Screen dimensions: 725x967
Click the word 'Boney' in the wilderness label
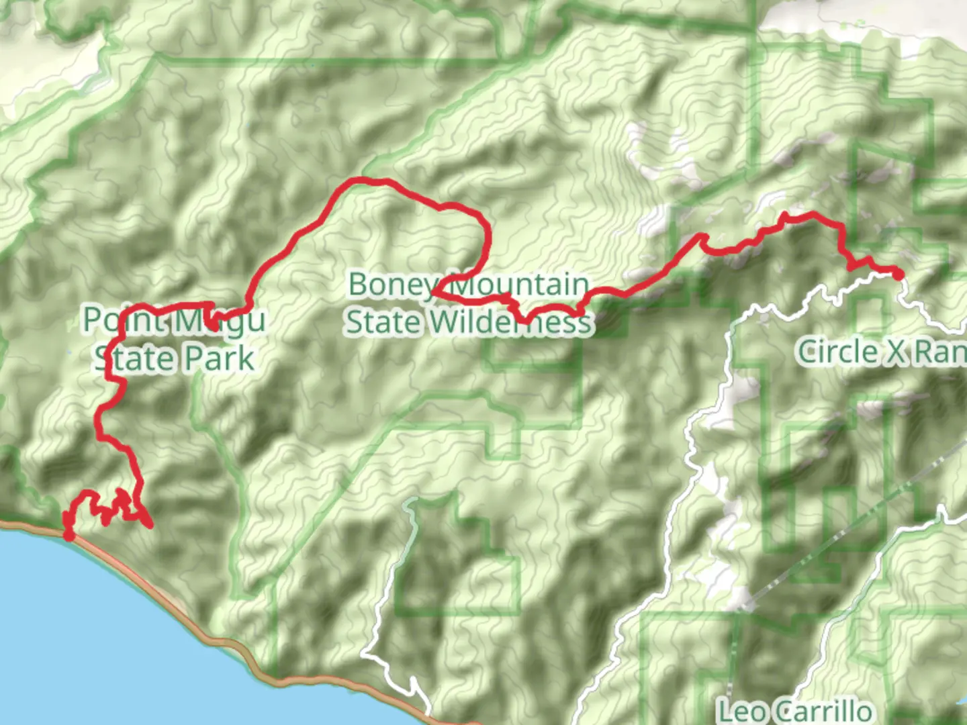(x=392, y=285)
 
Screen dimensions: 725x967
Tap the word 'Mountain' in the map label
(x=518, y=285)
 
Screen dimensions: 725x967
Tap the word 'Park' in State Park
(x=219, y=358)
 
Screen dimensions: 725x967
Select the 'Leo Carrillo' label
(x=795, y=710)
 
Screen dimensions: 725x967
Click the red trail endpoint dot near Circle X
(x=897, y=273)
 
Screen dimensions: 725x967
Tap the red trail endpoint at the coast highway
(x=68, y=534)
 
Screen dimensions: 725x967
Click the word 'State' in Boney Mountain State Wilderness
(x=384, y=323)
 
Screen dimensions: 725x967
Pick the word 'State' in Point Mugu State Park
(x=135, y=358)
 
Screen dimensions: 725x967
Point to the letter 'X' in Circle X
(x=894, y=352)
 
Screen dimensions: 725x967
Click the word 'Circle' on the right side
(x=836, y=352)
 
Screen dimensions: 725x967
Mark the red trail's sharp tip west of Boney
(x=432, y=293)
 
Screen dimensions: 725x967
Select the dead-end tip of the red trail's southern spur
(x=150, y=526)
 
